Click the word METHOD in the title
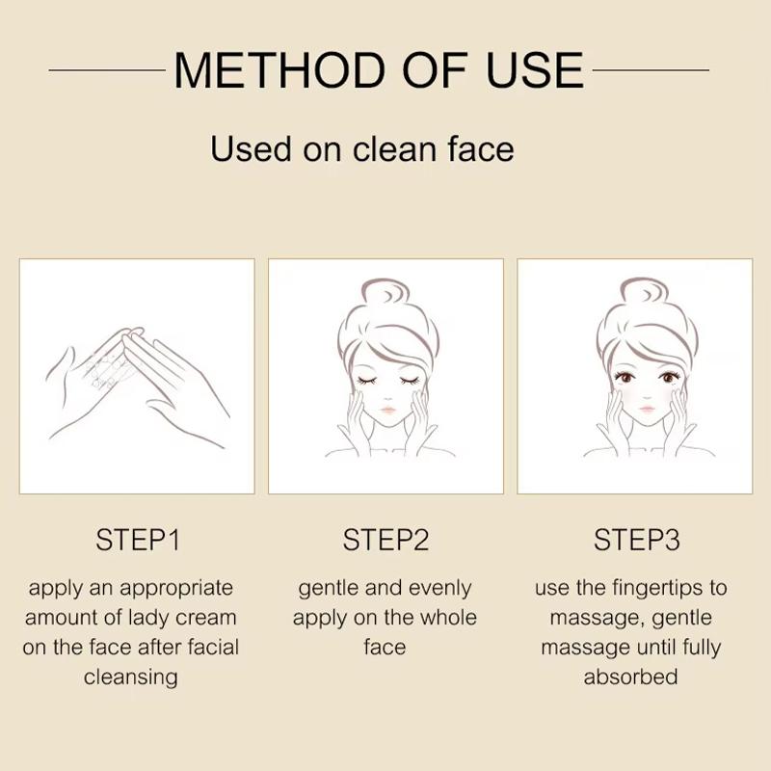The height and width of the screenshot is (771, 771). pos(279,70)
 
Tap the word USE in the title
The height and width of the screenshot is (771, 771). pos(536,70)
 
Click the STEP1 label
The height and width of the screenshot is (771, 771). pos(138,540)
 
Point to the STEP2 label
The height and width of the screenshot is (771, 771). pos(386,540)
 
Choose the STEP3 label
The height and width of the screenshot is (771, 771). pos(637,540)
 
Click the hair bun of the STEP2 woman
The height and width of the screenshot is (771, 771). pos(385,292)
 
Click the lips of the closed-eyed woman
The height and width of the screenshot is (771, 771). pos(388,409)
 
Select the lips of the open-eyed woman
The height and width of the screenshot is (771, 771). pos(647,409)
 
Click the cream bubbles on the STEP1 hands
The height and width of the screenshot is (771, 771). pos(108,370)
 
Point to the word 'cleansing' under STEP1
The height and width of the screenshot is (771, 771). pos(131,678)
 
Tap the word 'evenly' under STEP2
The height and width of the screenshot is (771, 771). pos(439,589)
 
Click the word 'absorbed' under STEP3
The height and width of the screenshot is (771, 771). pos(631,677)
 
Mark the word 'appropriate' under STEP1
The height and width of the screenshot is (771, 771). pos(176,589)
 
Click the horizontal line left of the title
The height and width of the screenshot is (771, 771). pos(107,70)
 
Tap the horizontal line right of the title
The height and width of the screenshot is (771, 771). pos(651,70)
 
